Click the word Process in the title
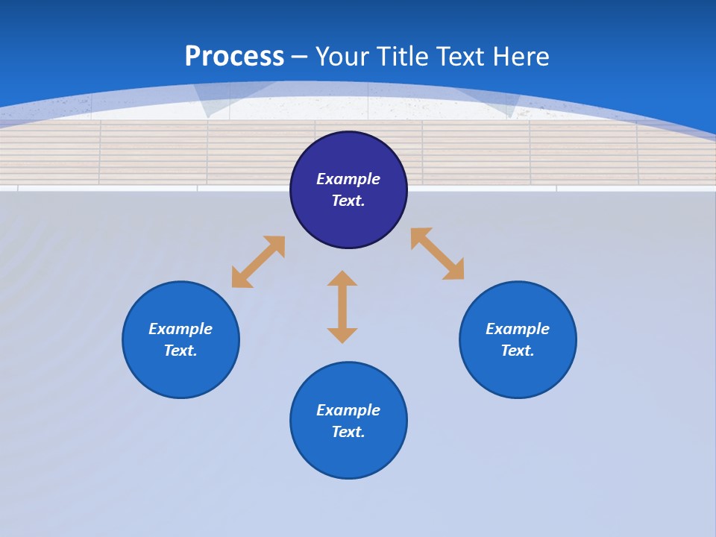[234, 57]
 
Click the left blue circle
[180, 373]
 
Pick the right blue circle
[518, 373]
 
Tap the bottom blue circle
[348, 455]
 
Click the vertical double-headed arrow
[342, 307]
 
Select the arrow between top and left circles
[258, 262]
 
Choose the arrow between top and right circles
[438, 254]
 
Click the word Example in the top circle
[348, 179]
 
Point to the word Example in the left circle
[180, 329]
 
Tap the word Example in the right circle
[518, 329]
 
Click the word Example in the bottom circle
[348, 410]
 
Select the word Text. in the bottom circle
[348, 432]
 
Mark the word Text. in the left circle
[180, 351]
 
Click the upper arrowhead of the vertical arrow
[342, 278]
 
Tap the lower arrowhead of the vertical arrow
[342, 336]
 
